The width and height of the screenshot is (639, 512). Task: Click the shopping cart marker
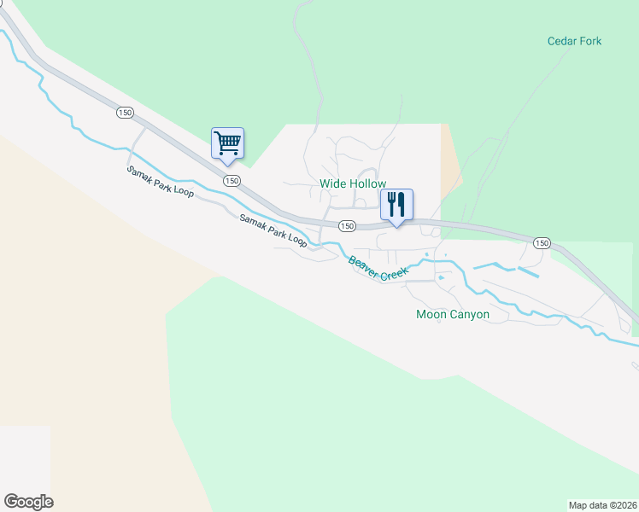(227, 143)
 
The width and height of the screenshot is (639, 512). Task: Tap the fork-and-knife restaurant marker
(396, 205)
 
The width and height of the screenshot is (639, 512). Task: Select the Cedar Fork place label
(574, 41)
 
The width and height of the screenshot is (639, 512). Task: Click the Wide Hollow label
(353, 183)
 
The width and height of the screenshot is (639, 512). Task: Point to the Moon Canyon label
(452, 314)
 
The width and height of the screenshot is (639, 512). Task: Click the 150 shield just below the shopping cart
(232, 181)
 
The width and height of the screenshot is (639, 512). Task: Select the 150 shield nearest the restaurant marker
(346, 226)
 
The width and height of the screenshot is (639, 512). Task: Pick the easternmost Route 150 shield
(541, 243)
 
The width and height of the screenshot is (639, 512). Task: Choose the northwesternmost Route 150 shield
(125, 112)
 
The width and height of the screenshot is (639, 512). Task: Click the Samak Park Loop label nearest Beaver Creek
(273, 230)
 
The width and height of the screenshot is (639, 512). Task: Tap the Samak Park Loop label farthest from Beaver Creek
(161, 181)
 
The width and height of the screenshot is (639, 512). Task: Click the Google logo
(28, 502)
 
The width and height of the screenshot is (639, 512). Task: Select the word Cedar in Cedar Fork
(562, 41)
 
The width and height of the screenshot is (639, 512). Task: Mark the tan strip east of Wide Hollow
(450, 162)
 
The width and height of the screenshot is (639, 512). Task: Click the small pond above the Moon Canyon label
(441, 278)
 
